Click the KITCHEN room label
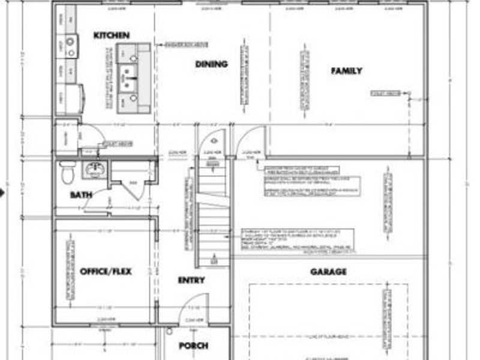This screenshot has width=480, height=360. [x=112, y=36]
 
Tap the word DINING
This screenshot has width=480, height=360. [x=211, y=64]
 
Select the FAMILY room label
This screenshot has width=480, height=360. [x=347, y=71]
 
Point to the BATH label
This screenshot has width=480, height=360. [x=80, y=195]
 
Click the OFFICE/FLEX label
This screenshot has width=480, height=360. [x=106, y=272]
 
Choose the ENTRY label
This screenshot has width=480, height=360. [x=191, y=280]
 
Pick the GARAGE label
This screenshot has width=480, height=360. [x=328, y=272]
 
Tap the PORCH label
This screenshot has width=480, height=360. [x=194, y=346]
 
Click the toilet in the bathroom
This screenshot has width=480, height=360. [x=67, y=173]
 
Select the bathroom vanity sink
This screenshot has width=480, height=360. [x=94, y=169]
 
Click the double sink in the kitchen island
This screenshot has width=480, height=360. [x=130, y=77]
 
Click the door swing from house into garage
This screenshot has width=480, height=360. [x=248, y=141]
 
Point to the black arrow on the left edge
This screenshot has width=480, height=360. [x=2, y=193]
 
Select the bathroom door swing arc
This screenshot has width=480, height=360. [x=96, y=201]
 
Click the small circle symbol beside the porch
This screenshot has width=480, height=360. [x=170, y=331]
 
